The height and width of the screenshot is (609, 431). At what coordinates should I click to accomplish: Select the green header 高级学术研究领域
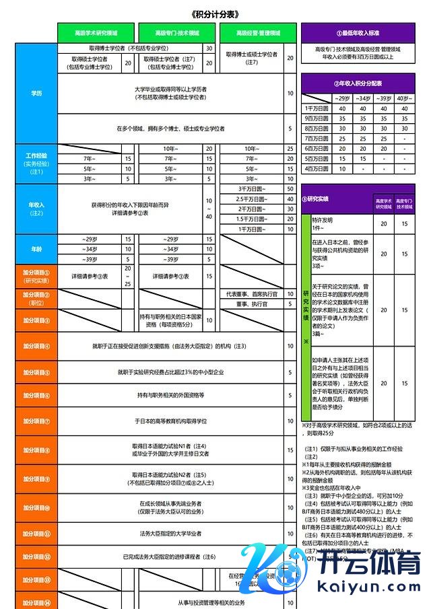point(96,32)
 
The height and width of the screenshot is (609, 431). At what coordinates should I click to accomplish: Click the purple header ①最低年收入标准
point(358,32)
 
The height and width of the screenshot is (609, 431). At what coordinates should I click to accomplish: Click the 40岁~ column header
point(405,98)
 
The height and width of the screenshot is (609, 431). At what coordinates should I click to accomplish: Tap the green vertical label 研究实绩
point(306,310)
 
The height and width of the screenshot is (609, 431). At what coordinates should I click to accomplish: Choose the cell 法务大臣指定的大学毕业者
point(171,534)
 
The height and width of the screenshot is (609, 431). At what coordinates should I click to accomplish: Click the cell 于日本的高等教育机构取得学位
point(171,421)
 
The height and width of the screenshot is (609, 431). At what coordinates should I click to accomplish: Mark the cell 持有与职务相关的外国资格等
point(171,394)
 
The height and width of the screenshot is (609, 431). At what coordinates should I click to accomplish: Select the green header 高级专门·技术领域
point(177,32)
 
